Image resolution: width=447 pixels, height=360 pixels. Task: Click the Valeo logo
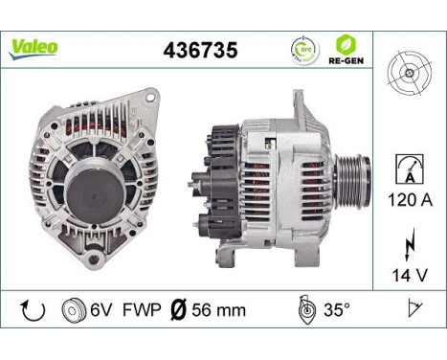point(34,47)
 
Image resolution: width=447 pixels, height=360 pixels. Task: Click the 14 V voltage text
point(410,275)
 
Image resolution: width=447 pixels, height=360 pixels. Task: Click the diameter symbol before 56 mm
point(179,310)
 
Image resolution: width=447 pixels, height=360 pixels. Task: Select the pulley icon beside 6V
point(71,310)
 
